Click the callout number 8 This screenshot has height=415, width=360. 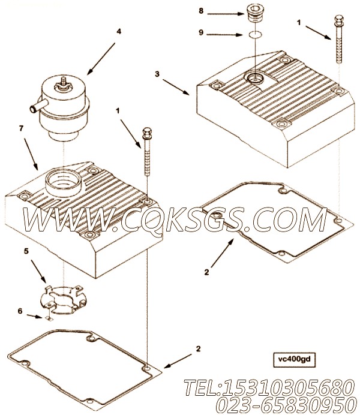201,11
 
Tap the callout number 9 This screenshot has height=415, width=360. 201,32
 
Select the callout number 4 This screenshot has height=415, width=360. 119,31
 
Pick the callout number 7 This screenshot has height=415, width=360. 21,128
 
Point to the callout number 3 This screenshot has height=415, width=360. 157,74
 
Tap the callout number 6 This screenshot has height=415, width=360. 20,311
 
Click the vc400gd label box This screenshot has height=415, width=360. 295,359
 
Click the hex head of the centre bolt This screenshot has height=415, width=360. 147,131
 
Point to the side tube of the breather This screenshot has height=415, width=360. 38,106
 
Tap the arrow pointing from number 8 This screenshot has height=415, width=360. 225,14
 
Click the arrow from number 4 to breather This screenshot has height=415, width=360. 101,59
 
